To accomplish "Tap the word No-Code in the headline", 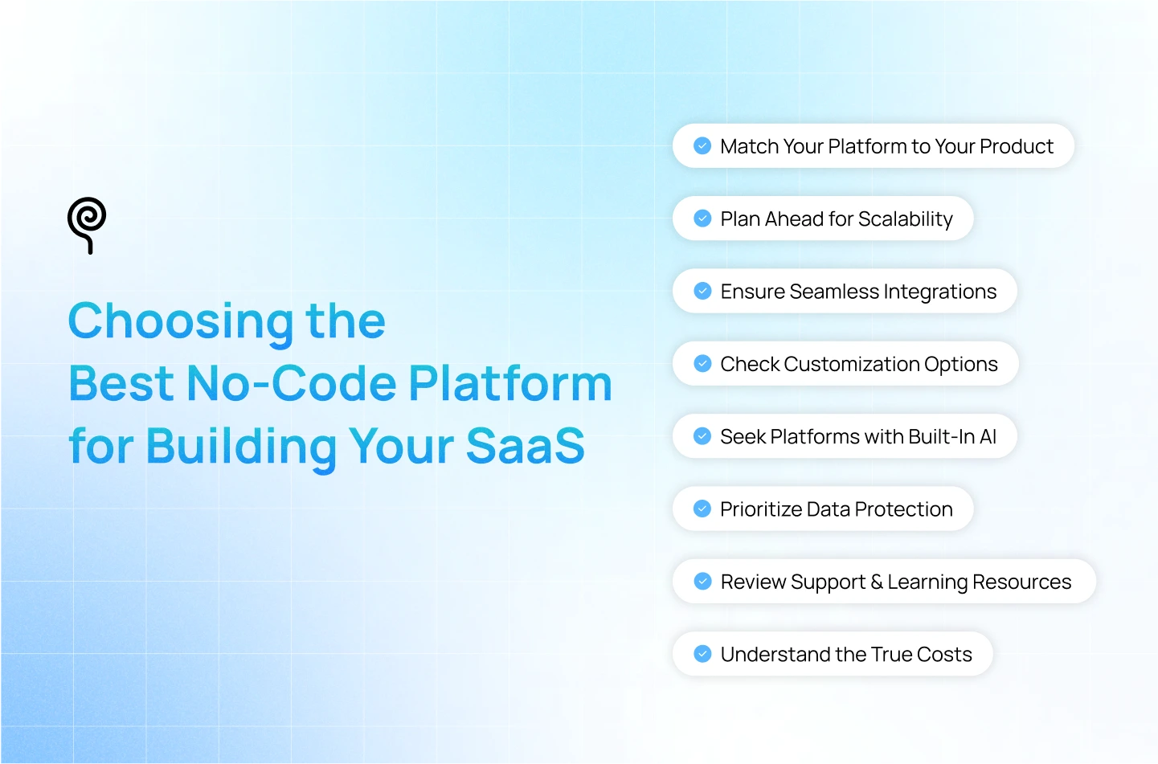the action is point(292,383).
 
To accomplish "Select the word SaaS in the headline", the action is point(526,445).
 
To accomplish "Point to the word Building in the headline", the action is point(241,447).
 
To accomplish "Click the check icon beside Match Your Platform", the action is point(702,145).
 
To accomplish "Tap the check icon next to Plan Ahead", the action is point(702,219).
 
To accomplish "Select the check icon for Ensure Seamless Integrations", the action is point(702,291).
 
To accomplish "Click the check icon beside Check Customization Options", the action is point(702,363).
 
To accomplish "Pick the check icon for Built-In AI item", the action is point(702,435).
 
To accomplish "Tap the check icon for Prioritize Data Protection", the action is point(702,509).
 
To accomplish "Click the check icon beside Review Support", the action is point(702,581).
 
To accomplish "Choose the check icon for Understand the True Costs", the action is point(702,654).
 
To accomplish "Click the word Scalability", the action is point(905,219).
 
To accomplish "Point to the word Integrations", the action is point(940,292).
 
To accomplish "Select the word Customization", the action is point(852,364).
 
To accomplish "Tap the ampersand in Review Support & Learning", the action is point(876,582).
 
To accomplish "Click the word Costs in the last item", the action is point(944,655).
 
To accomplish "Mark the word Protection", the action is point(903,509).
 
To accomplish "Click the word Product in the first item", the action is point(1017,146).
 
